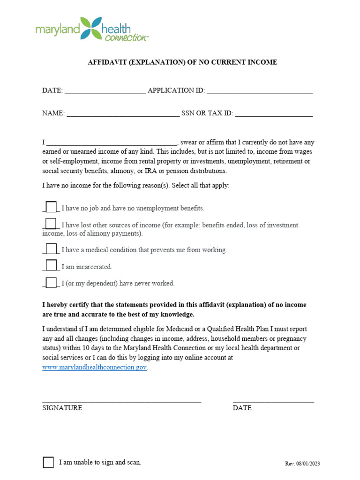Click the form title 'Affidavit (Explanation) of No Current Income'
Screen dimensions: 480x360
(x=182, y=62)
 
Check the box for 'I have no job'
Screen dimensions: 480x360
(x=51, y=207)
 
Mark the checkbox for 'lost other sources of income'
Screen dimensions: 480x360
(x=51, y=224)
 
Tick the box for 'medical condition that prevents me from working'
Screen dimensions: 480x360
(x=51, y=249)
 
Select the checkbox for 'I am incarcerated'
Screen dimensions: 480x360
(x=51, y=266)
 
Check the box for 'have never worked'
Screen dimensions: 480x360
(x=51, y=282)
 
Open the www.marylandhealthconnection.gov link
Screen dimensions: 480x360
(x=95, y=367)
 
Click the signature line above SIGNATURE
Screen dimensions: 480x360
(x=121, y=401)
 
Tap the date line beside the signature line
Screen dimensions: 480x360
(x=273, y=401)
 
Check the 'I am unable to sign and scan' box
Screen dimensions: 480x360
(x=48, y=462)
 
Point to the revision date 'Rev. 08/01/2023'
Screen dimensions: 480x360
(x=302, y=464)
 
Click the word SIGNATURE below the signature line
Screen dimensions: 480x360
(x=62, y=408)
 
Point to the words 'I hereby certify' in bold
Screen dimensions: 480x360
(x=65, y=305)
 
